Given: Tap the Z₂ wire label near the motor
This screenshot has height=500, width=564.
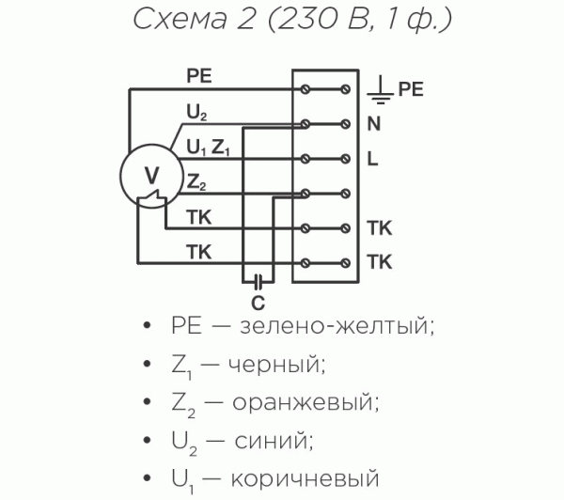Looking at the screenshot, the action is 196,181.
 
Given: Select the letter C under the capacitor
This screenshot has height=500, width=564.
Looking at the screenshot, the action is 258,303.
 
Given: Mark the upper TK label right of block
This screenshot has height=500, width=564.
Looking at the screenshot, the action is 380,228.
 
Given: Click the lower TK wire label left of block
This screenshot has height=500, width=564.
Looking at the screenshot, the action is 198,251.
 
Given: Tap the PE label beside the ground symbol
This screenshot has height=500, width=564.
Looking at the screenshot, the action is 411,90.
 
